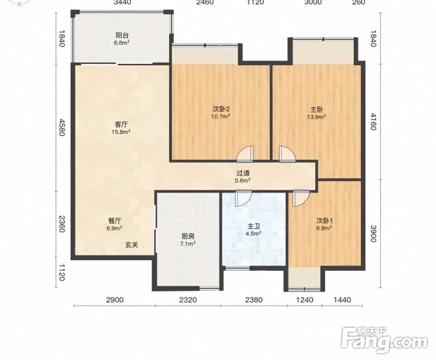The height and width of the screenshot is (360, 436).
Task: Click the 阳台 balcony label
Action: tap(122, 36)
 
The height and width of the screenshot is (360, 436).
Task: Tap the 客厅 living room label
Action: tap(121, 124)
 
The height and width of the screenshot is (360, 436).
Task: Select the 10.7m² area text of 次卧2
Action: tap(221, 116)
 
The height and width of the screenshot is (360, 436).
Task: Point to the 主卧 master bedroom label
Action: tap(317, 109)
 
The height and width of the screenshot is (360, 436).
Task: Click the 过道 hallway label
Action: tap(243, 173)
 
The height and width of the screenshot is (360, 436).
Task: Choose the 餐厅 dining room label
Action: tap(115, 221)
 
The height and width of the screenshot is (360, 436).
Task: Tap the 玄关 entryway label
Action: tap(131, 245)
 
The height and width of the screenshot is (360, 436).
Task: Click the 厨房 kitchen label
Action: tap(188, 237)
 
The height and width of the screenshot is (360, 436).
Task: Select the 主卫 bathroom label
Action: tap(254, 226)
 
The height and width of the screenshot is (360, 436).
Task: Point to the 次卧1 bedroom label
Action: tap(325, 221)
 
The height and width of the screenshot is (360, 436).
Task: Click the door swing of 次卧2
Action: tap(245, 154)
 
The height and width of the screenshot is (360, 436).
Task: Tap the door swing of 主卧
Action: tap(287, 154)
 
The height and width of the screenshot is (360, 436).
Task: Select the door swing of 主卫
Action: tap(243, 198)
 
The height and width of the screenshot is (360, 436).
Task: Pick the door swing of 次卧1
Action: tap(301, 198)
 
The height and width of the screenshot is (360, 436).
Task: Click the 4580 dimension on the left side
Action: tap(61, 127)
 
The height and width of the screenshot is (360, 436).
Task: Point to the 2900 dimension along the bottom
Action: tap(115, 300)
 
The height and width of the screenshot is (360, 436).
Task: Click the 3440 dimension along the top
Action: tap(122, 2)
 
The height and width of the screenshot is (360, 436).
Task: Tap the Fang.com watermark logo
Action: tap(384, 340)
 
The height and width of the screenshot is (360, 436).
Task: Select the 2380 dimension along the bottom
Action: tap(254, 300)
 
